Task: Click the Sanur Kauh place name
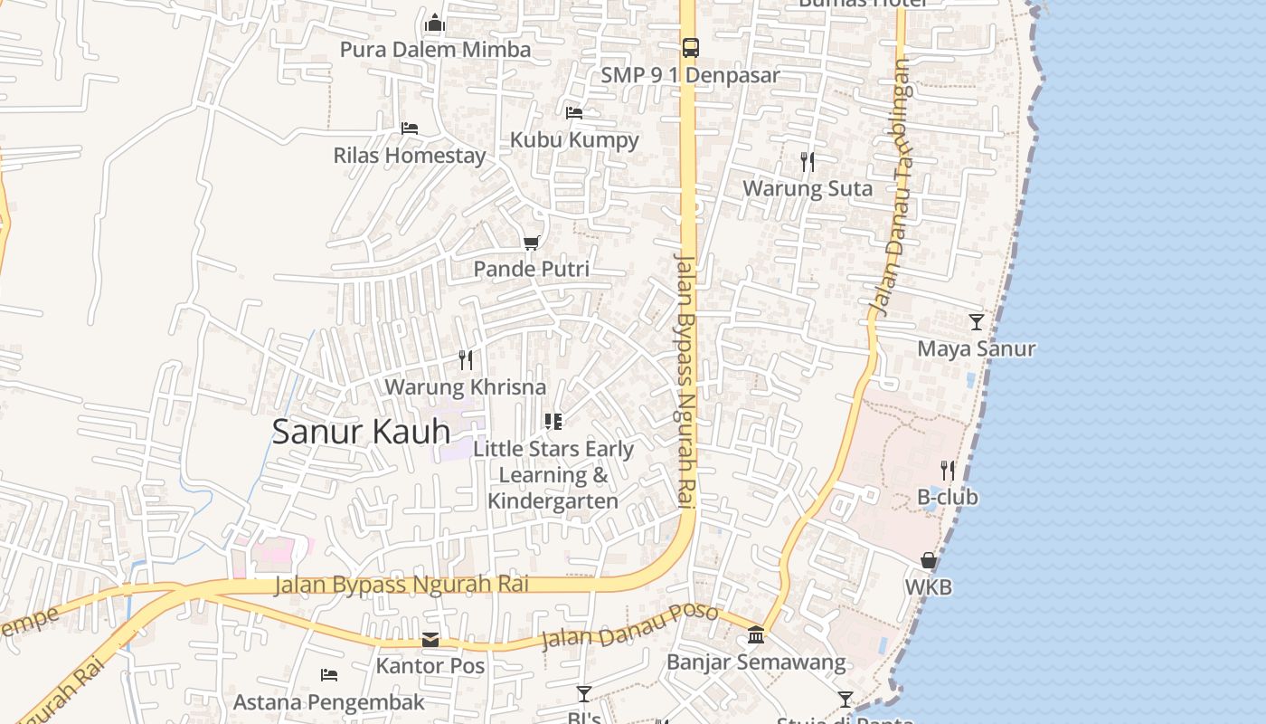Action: [361, 432]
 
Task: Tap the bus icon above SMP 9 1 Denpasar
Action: [690, 48]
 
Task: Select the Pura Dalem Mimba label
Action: [435, 49]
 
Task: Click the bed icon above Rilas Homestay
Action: [410, 129]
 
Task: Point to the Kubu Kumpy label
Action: [574, 140]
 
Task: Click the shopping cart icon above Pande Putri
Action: [531, 243]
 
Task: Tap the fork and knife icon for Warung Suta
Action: [808, 162]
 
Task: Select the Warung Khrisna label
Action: [465, 387]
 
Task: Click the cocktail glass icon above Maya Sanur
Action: [976, 321]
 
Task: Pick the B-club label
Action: [947, 497]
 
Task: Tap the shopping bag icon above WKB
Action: [928, 560]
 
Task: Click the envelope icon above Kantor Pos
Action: [430, 640]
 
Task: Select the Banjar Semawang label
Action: [756, 662]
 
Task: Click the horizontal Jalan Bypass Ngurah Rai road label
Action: [402, 585]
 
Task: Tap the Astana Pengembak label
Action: [328, 702]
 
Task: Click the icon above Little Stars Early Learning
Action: [553, 421]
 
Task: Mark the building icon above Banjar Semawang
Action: [756, 635]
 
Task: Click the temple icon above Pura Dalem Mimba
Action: [435, 23]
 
